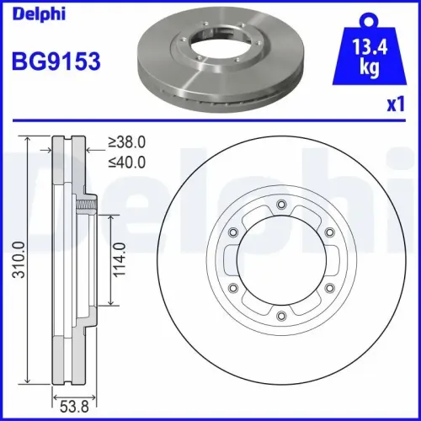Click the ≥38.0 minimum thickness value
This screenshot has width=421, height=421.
127,144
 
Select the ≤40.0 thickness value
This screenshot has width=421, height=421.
127,162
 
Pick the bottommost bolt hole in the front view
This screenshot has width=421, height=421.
280,316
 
